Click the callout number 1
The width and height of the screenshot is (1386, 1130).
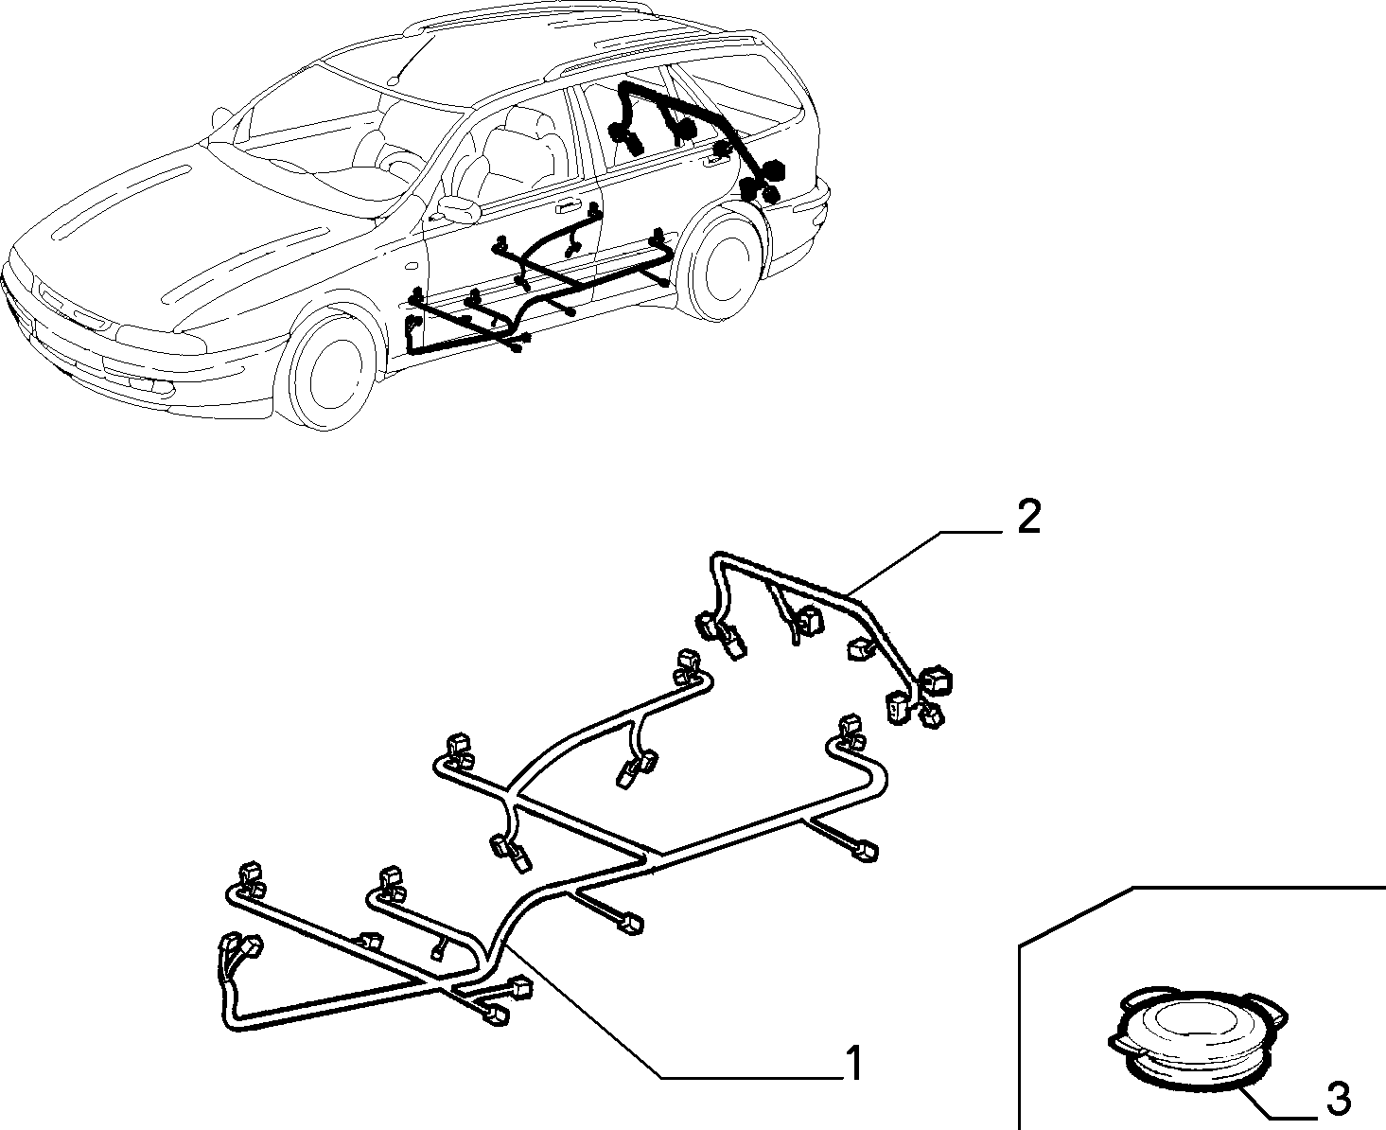pyautogui.click(x=853, y=1063)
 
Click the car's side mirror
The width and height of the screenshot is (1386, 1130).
pyautogui.click(x=458, y=208)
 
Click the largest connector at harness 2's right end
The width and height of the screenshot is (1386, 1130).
pyautogui.click(x=936, y=680)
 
